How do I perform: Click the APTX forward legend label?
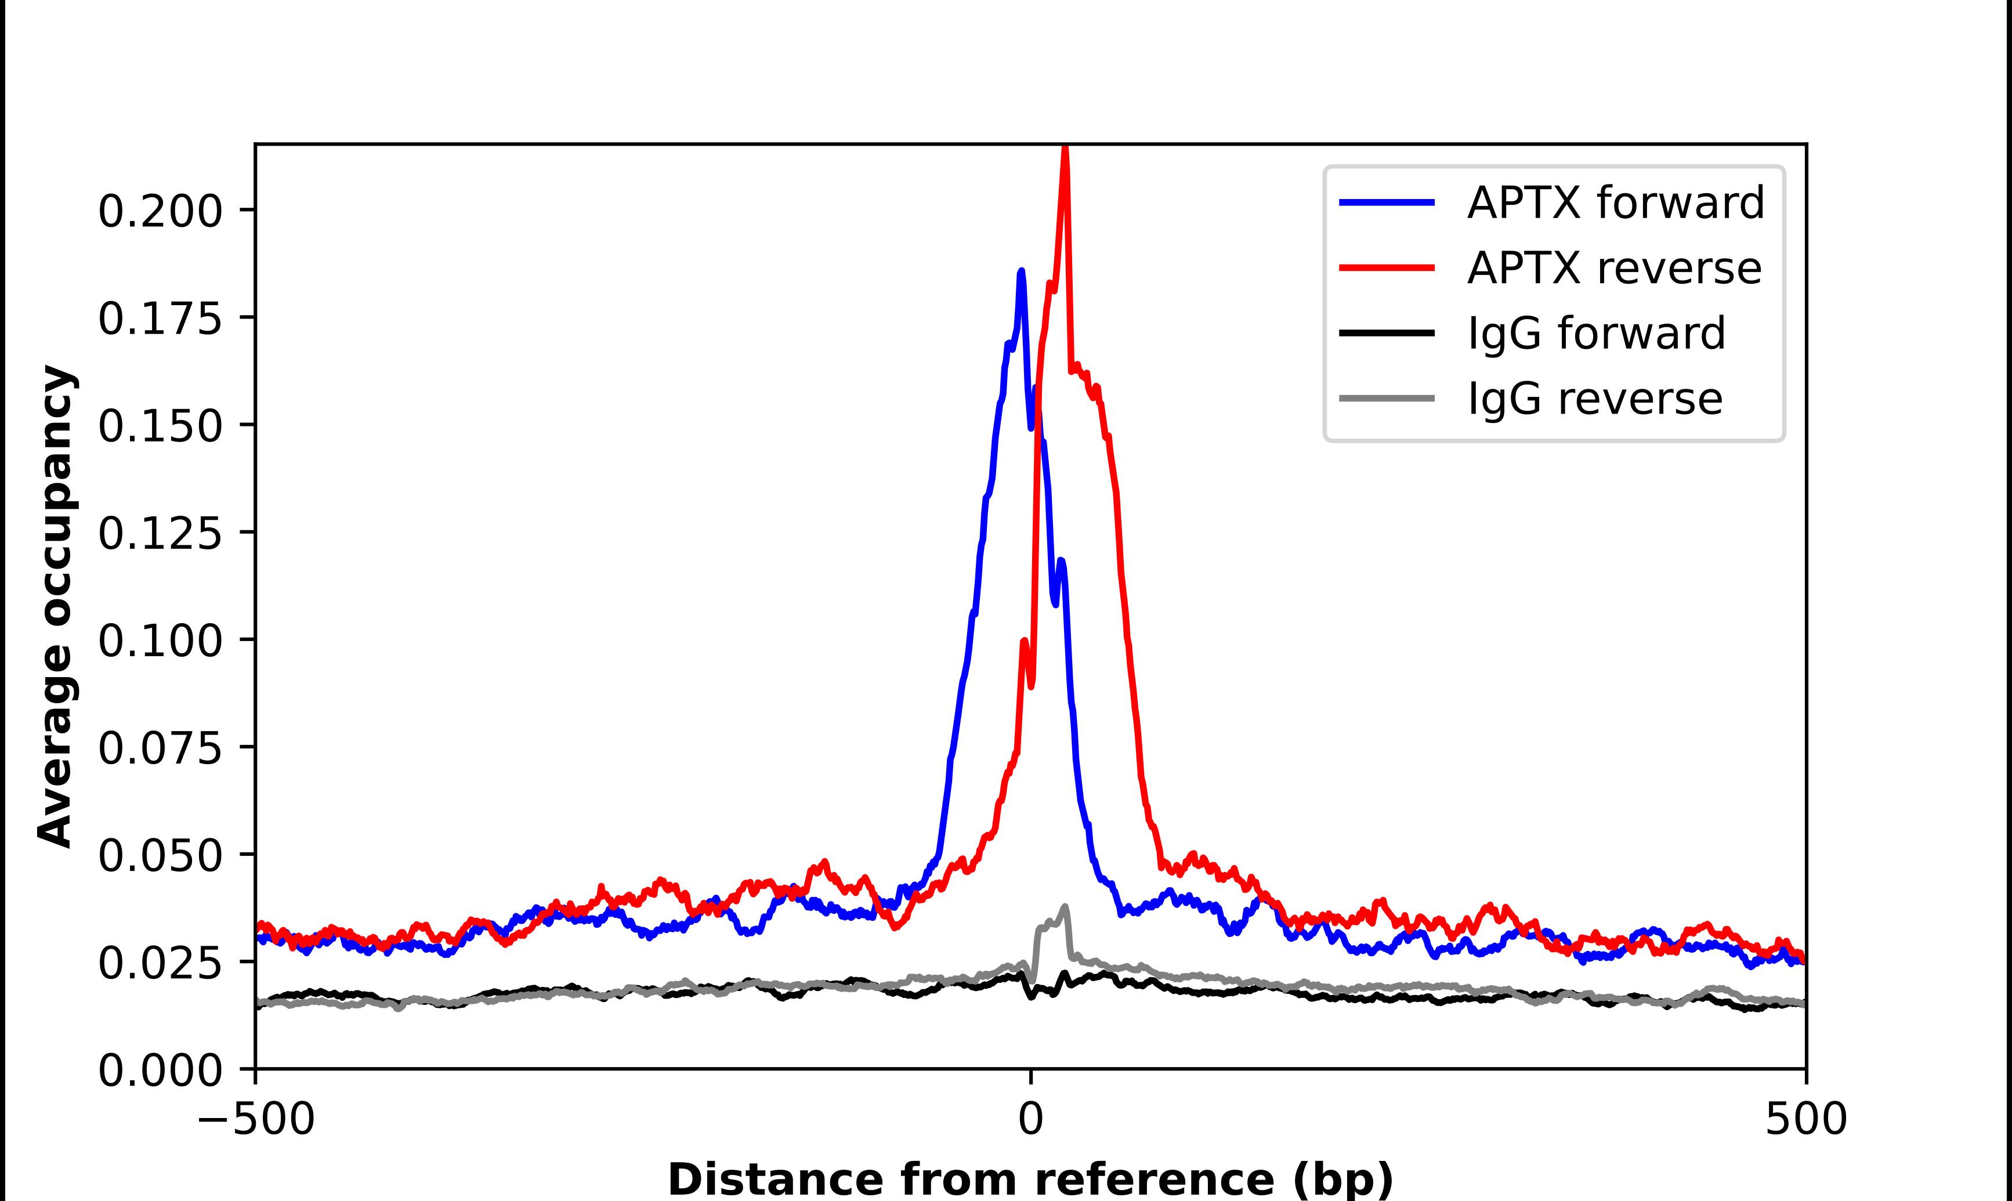coord(1615,202)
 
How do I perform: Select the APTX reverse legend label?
coord(1613,268)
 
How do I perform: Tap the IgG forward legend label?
coord(1595,334)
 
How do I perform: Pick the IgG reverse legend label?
coord(1594,399)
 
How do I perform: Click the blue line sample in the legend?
coord(1387,202)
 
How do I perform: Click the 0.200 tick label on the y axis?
coord(160,212)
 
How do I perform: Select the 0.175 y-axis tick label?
coord(160,319)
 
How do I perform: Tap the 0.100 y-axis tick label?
coord(160,641)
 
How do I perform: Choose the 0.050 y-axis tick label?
coord(160,855)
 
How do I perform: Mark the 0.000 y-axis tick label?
coord(160,1070)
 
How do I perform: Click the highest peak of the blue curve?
coord(1021,272)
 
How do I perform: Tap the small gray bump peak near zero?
coord(1065,907)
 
